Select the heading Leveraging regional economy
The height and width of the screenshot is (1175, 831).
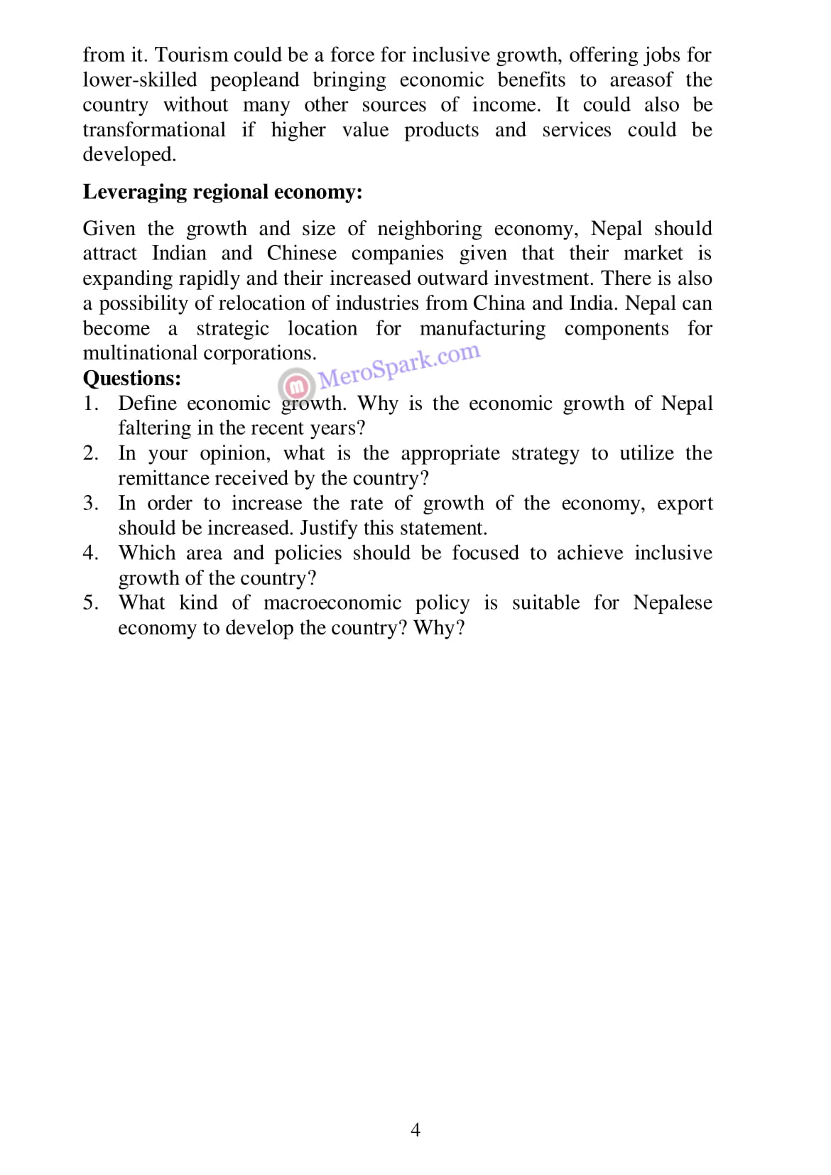coord(222,192)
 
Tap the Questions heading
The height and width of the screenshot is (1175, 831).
coord(131,378)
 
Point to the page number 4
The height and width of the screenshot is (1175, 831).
coord(415,1130)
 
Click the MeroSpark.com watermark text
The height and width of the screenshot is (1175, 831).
coord(399,366)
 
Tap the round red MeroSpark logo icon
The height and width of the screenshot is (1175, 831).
coord(298,386)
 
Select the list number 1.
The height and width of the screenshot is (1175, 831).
coord(89,404)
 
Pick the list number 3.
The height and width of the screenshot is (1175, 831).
coord(89,503)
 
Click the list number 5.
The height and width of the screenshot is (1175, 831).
coord(89,603)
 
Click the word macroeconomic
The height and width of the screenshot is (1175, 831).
coord(332,603)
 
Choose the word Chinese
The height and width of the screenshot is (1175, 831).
coord(301,254)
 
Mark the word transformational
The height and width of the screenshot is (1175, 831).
coord(153,130)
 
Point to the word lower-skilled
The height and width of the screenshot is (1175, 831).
coord(139,80)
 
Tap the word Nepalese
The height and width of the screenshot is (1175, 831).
coord(672,603)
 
